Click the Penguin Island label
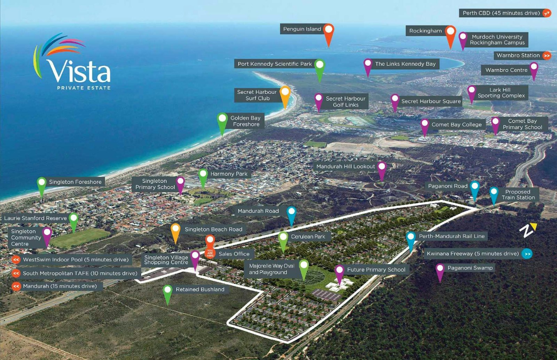click(302, 29)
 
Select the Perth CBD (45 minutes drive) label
click(501, 13)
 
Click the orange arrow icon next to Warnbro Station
click(547, 56)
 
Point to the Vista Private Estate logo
click(73, 63)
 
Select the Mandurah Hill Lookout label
click(345, 167)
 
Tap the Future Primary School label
click(376, 270)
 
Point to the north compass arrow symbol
click(528, 230)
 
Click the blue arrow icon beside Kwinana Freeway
click(527, 254)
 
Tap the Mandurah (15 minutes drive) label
click(60, 286)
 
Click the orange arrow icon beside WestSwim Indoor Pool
click(16, 260)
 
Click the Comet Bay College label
click(456, 125)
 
